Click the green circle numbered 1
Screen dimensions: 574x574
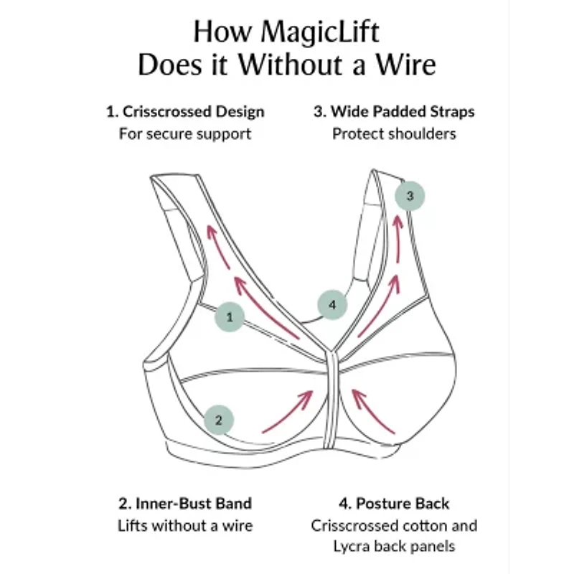point(230,316)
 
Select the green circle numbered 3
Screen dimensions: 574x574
point(410,195)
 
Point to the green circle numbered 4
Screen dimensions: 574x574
point(331,305)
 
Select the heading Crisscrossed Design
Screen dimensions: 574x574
point(193,111)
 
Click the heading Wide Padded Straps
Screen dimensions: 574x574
point(403,111)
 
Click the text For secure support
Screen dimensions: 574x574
point(185,133)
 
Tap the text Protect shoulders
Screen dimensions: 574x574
point(394,133)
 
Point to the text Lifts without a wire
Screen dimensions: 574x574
point(185,525)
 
